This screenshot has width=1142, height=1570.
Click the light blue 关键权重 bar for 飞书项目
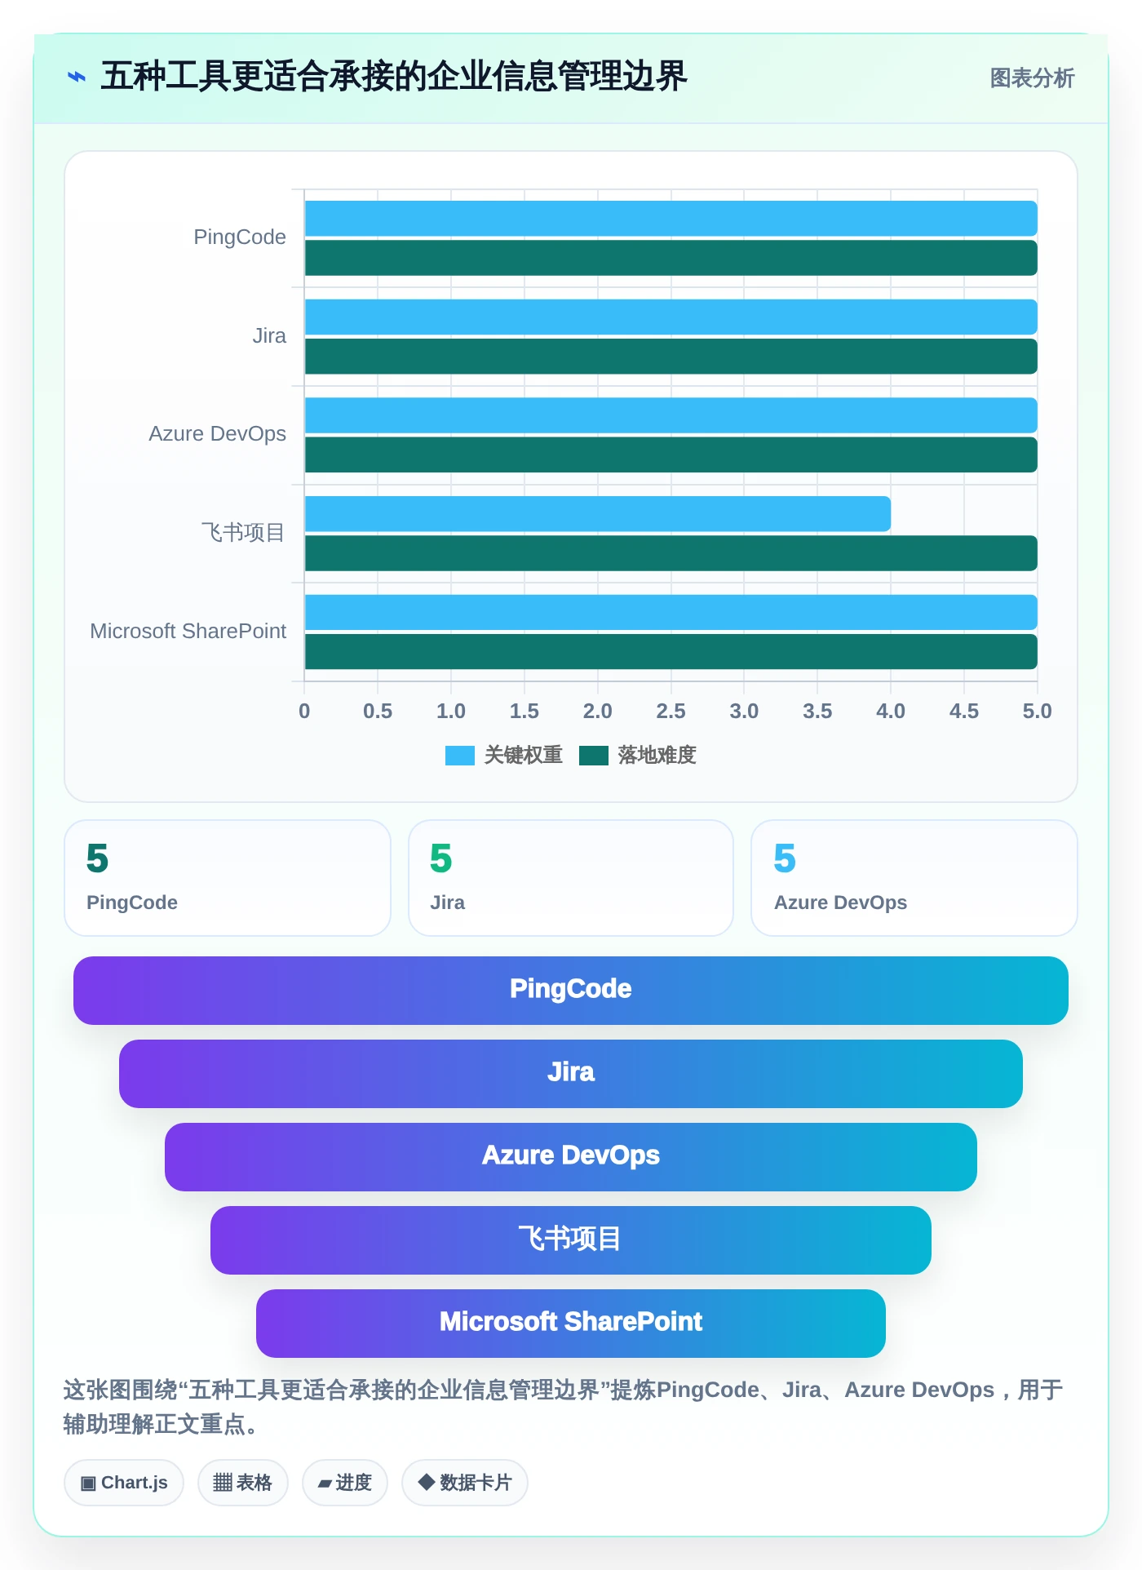coord(597,514)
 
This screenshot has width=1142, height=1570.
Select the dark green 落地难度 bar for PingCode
coord(671,258)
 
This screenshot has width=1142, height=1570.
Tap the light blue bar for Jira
coord(671,317)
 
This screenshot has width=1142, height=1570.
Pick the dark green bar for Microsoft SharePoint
coord(671,652)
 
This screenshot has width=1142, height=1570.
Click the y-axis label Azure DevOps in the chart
coord(217,433)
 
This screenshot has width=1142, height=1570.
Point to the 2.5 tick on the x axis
coord(671,711)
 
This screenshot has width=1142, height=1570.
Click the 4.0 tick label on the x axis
coord(891,711)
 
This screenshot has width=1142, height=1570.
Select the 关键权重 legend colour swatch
coord(460,756)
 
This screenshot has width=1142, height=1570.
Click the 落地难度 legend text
coord(657,755)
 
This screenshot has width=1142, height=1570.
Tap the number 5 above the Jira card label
coord(440,858)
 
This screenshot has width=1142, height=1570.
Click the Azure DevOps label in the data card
coord(840,903)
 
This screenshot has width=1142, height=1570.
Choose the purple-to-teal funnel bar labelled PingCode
coord(571,991)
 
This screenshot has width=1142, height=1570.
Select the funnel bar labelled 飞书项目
coord(571,1240)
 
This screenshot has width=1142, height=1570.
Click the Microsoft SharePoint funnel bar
coord(571,1324)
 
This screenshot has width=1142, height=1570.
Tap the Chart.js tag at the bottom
coord(124,1483)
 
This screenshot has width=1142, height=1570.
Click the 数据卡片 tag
coord(465,1483)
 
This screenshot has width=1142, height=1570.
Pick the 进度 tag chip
coord(345,1483)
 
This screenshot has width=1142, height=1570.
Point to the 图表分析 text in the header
coord(1032,78)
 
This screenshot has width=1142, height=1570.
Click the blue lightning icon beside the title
coord(77,78)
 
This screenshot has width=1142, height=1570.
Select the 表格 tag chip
coord(243,1483)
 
